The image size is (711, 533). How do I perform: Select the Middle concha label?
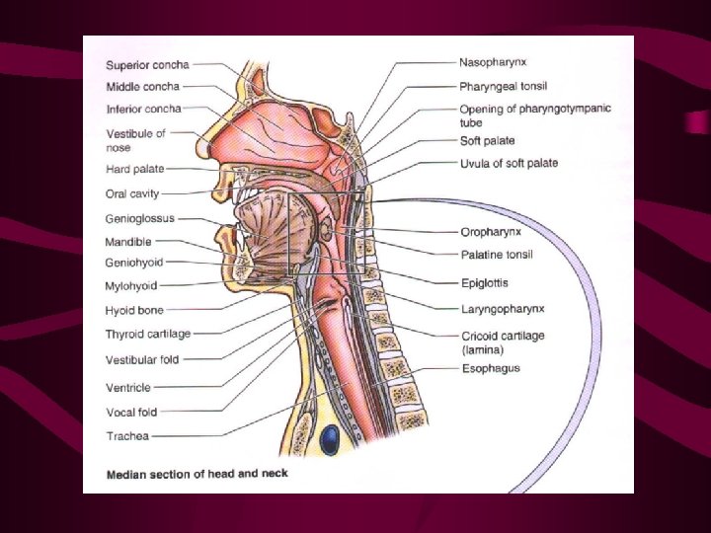point(142,87)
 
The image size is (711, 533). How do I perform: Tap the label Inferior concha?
point(143,108)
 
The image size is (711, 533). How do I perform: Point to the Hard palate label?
point(134,170)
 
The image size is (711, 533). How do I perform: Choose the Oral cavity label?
point(132,193)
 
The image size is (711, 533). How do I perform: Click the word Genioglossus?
point(140,218)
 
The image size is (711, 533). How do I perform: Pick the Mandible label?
point(129,241)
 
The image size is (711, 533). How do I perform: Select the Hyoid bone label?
point(134,310)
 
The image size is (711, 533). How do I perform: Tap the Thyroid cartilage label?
point(149,334)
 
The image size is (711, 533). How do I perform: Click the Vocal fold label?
point(131,412)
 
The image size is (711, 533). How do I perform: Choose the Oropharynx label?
point(491,233)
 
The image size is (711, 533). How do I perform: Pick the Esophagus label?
point(490,368)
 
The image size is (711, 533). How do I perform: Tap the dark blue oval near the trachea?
point(327,437)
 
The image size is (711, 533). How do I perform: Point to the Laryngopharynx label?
point(503,308)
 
